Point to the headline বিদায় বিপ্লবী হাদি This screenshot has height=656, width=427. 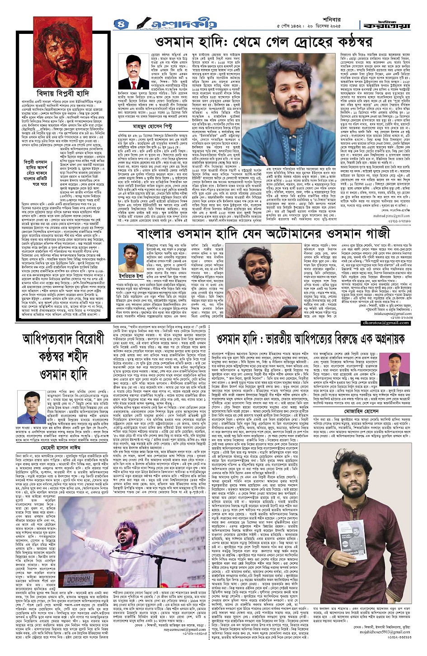click(x=62, y=93)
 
